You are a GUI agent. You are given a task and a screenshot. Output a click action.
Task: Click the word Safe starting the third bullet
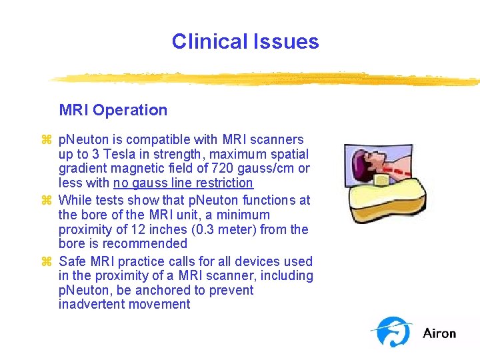pos(72,261)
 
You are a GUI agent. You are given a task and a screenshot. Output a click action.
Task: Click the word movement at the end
pos(160,305)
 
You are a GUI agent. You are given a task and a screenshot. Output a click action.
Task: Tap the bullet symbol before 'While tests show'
pos(46,200)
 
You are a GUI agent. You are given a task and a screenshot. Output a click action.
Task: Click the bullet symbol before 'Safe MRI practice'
pos(46,261)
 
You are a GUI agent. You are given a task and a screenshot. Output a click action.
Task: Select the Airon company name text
pos(439,333)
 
